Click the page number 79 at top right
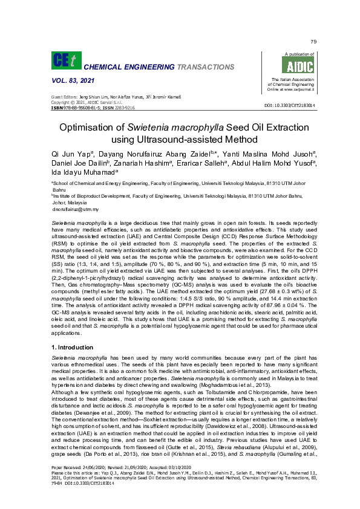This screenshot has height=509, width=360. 313,41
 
